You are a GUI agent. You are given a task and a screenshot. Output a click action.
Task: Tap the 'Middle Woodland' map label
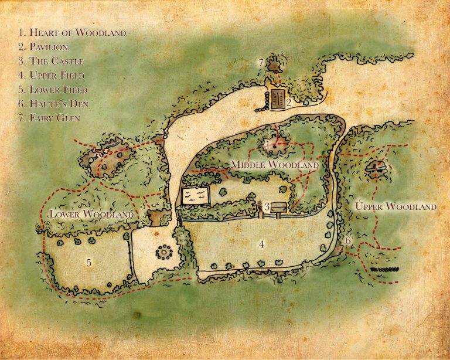pos(274,166)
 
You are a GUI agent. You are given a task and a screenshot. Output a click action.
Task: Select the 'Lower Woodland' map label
pos(91,214)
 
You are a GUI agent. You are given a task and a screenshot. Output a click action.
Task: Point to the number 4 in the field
pos(262,244)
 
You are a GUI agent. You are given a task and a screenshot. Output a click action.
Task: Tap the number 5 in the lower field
pos(89,263)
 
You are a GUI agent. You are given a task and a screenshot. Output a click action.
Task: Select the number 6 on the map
pos(347,240)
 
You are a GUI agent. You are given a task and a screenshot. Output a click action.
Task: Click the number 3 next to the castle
pos(267,206)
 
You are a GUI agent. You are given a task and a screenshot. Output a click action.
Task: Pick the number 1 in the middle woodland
pos(268,144)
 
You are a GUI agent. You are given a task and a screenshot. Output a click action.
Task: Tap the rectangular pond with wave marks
pos(195,196)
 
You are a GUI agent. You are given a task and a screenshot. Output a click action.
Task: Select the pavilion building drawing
pos(278,98)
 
